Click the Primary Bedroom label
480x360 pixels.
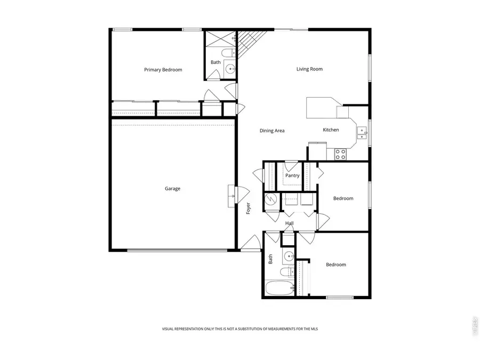163,70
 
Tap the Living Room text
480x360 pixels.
309,69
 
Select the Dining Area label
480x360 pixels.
272,131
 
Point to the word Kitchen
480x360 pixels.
331,130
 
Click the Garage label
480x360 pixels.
172,188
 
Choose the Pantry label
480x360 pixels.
292,175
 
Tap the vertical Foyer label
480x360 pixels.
249,209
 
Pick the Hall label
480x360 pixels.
289,223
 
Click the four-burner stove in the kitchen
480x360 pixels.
340,154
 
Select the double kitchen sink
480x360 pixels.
362,133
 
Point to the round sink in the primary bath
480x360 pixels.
230,69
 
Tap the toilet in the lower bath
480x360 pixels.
290,272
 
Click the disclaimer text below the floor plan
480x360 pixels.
240,329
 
